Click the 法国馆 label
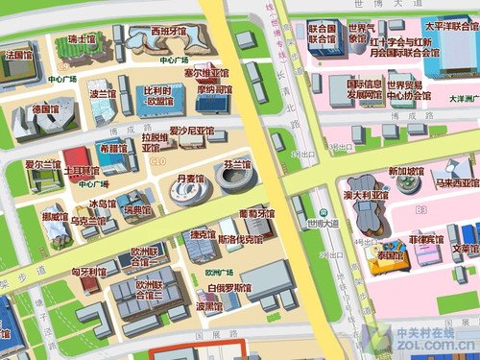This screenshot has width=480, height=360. tap(19, 55)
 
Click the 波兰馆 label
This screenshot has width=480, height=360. tap(102, 94)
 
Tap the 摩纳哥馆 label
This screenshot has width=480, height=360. tap(215, 89)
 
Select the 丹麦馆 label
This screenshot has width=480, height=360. tap(192, 179)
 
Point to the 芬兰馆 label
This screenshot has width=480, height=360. tap(236, 164)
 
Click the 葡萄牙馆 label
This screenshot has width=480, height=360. tap(256, 212)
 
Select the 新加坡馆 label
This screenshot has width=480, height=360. tap(406, 172)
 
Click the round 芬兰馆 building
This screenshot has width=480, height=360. tap(236, 182)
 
